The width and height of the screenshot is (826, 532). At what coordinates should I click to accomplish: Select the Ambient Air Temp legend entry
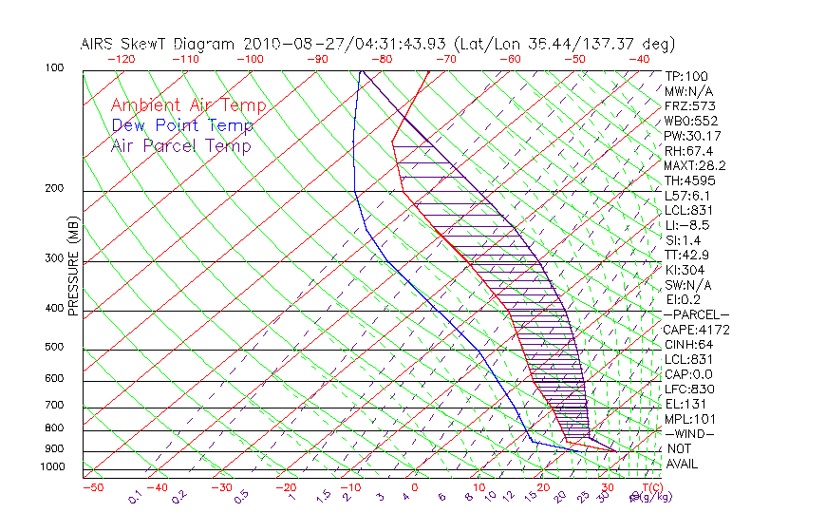tap(188, 105)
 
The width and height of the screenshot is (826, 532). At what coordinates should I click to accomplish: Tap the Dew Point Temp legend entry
tap(182, 125)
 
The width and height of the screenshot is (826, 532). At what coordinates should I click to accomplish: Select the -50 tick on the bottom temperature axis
tap(93, 488)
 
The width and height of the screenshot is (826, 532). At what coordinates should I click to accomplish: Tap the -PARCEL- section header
tap(696, 314)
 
